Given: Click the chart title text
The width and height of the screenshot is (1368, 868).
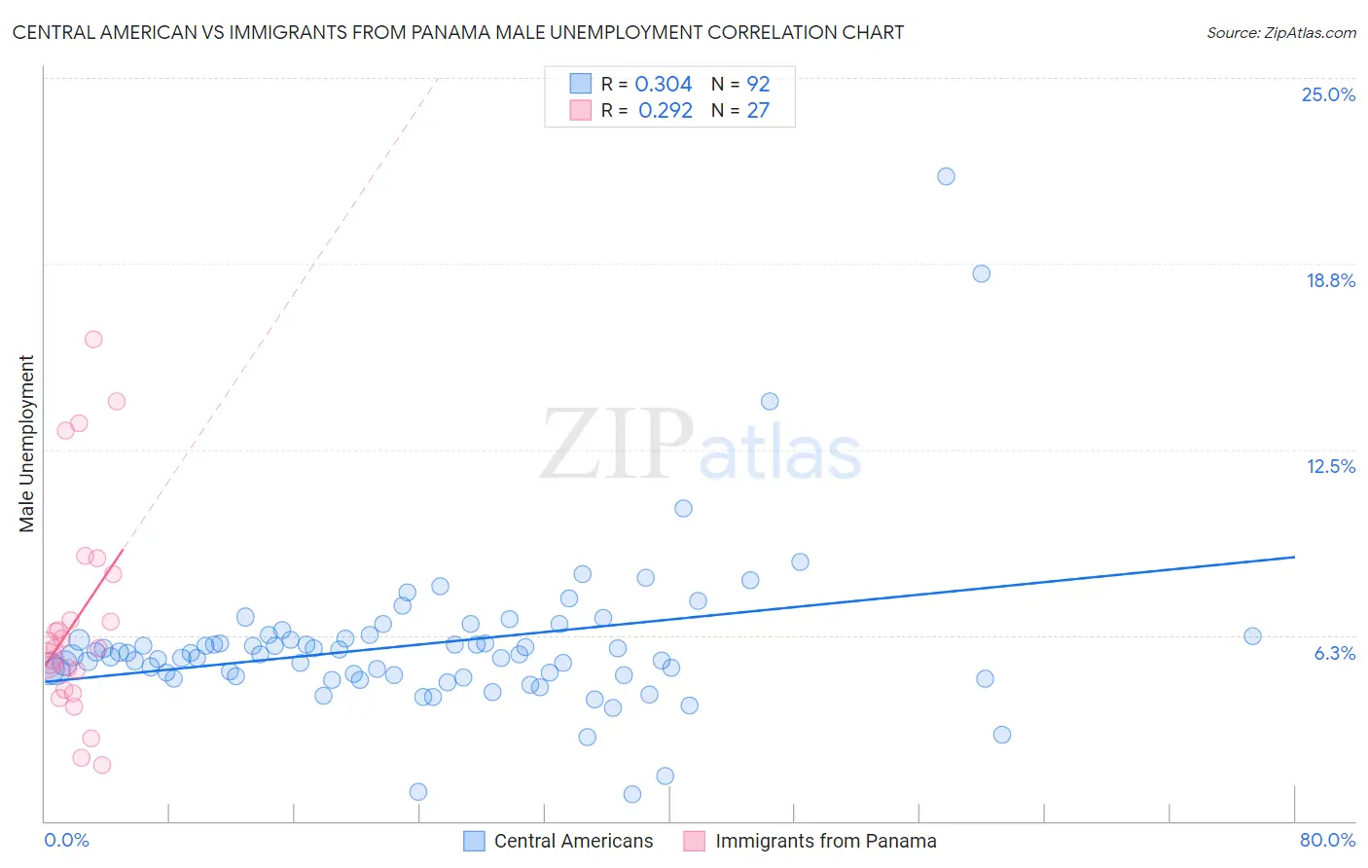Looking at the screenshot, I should point(458,32).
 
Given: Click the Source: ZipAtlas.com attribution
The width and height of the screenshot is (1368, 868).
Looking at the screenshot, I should point(1280,32).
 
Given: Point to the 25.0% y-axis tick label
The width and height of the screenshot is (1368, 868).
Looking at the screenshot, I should point(1328,94).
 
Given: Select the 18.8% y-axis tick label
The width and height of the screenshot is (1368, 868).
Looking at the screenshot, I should point(1330,280).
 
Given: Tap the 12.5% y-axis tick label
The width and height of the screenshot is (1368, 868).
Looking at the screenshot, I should point(1330,466).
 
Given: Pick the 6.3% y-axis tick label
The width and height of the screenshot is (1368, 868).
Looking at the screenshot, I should point(1334,653).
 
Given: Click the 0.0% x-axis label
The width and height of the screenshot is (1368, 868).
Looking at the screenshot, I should point(66,840).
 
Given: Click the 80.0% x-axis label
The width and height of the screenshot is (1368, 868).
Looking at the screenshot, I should point(1327,840).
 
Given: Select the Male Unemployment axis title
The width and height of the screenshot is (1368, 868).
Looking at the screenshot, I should point(26,444).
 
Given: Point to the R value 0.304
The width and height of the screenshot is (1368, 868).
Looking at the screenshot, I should point(663,85).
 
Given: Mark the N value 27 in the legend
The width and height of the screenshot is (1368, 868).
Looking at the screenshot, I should point(758,110).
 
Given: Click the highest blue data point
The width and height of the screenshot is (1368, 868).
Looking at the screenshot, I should point(946,176).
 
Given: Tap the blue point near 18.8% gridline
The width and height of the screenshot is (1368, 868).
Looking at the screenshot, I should point(981,273).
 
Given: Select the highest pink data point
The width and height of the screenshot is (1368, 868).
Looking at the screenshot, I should point(93,340).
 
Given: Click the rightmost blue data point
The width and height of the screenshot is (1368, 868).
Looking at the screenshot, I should point(1252,636).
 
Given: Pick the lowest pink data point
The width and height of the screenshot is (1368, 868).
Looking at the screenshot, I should point(102,765).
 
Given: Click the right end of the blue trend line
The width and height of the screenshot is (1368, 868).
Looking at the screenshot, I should point(1294,557).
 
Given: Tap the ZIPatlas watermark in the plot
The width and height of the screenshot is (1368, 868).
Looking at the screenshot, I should point(701,446).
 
